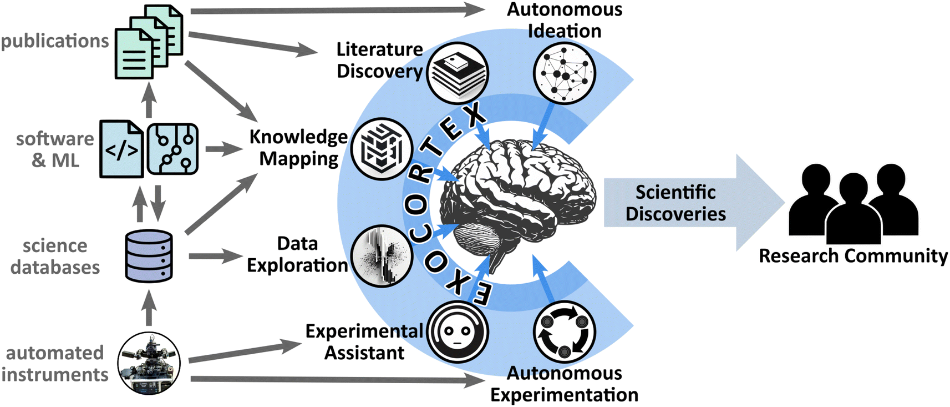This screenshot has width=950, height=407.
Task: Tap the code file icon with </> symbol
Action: coord(121,149)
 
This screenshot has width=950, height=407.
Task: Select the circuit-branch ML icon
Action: coord(172,149)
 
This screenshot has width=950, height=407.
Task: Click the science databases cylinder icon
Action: coord(149,256)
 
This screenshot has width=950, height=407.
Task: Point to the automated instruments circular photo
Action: coord(149,363)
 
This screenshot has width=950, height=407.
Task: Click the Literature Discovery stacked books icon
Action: coord(458,73)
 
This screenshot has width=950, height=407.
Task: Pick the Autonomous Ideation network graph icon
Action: coord(564,73)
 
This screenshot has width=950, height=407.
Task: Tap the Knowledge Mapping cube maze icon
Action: coord(382,149)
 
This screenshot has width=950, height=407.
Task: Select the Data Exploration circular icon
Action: coord(382,256)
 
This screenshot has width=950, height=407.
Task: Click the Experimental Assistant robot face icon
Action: coord(458,332)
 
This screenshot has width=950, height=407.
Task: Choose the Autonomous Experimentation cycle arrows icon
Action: coord(564,332)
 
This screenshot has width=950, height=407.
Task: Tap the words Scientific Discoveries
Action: coord(675,203)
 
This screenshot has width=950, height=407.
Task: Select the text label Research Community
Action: coord(853,256)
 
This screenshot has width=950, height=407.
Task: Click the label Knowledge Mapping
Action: coord(298,148)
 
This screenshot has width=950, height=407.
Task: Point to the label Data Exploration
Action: coord(297,254)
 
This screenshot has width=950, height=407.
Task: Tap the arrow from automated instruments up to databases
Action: coord(149,308)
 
